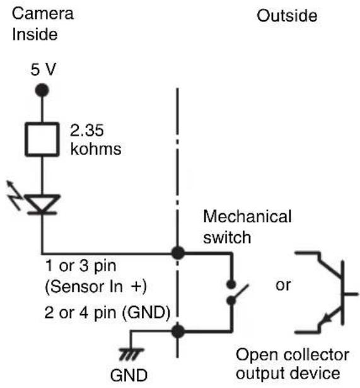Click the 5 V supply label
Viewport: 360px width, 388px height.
click(x=44, y=69)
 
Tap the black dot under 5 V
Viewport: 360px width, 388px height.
click(x=42, y=90)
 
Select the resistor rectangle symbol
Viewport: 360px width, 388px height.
click(x=42, y=139)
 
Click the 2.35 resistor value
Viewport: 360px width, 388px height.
click(x=87, y=131)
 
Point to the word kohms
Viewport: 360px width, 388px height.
click(x=96, y=149)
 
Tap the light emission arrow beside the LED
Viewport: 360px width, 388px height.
click(x=14, y=195)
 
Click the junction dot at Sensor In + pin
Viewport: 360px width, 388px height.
click(x=178, y=253)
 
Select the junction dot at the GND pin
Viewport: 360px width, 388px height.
click(x=178, y=331)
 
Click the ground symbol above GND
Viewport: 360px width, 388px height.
click(x=131, y=353)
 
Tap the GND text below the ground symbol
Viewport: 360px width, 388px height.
click(x=129, y=375)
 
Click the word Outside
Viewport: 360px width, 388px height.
click(x=287, y=16)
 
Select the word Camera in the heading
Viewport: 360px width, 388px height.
click(x=43, y=13)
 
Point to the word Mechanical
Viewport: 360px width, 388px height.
click(x=247, y=216)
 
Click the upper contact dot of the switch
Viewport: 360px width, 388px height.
click(x=231, y=285)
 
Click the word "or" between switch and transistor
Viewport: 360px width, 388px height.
click(x=283, y=285)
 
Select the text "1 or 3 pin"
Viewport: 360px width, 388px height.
click(x=81, y=266)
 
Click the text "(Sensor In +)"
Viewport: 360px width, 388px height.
click(x=96, y=286)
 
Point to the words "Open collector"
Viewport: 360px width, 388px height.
click(x=293, y=355)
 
